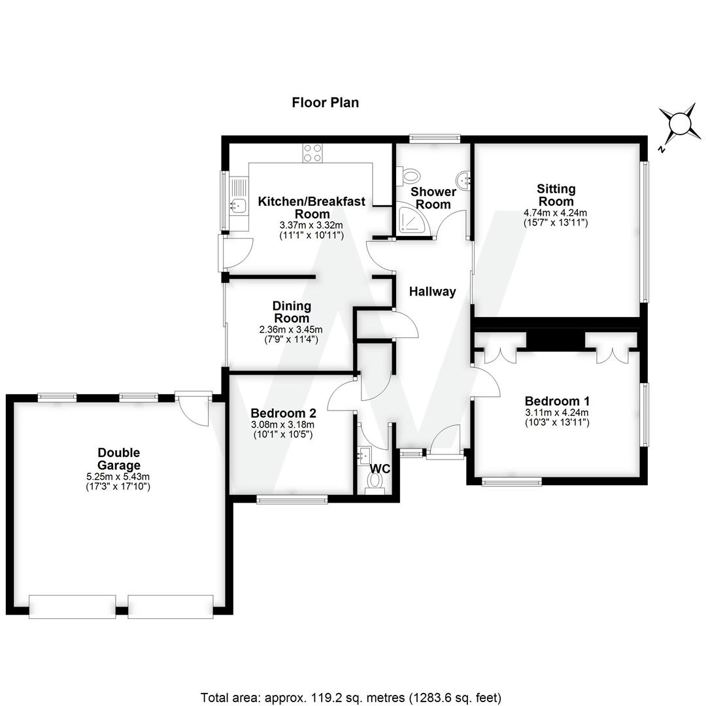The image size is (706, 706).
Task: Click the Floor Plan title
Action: click(x=325, y=103)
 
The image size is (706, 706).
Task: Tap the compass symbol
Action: click(x=679, y=124)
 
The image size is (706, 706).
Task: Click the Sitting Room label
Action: click(x=556, y=195)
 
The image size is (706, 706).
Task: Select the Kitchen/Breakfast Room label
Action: click(x=311, y=207)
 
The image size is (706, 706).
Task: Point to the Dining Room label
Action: click(x=292, y=312)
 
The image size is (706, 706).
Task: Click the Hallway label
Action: click(x=432, y=292)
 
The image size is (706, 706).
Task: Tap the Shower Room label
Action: click(x=433, y=198)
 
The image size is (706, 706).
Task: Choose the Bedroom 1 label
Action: click(x=557, y=401)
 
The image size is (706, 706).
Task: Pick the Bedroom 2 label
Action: click(x=283, y=413)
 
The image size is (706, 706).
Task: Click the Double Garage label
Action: click(x=118, y=459)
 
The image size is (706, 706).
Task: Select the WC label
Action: click(x=380, y=469)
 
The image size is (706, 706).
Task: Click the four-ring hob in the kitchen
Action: click(x=312, y=152)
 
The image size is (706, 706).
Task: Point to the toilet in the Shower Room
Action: click(x=411, y=175)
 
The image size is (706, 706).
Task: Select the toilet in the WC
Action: click(x=376, y=482)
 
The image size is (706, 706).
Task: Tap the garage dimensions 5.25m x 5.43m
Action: click(x=118, y=477)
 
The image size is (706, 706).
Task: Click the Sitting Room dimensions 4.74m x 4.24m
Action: click(x=556, y=212)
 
